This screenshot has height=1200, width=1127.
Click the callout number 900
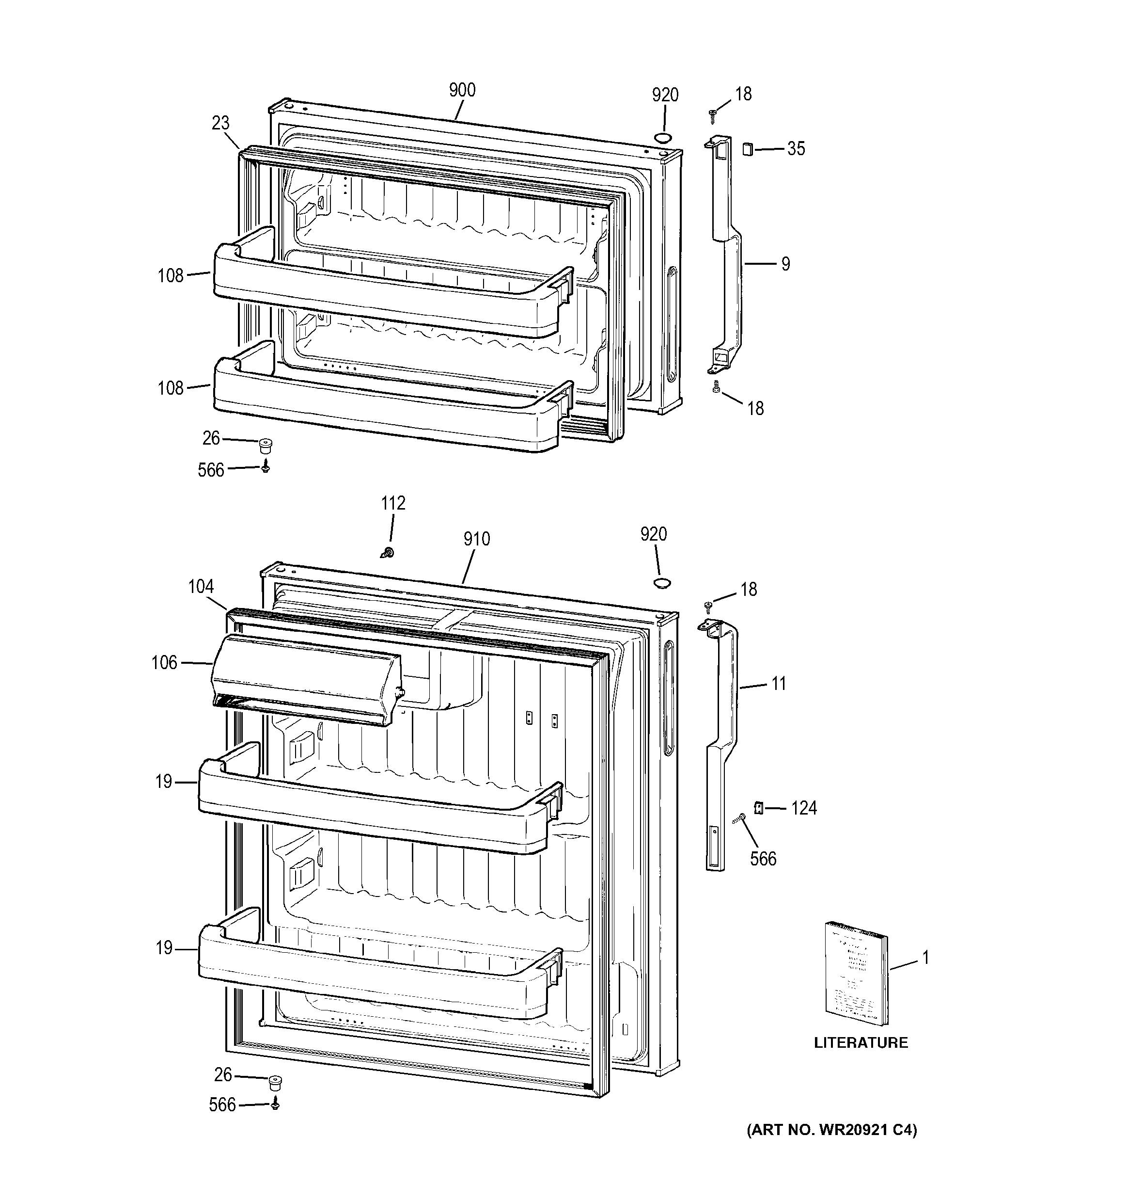(x=462, y=91)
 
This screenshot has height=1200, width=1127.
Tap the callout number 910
(x=477, y=539)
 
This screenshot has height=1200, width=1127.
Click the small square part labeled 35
(x=748, y=148)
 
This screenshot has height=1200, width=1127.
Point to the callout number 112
(x=393, y=503)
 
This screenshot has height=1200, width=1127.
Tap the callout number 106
(x=164, y=663)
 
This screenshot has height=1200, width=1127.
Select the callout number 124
(x=804, y=808)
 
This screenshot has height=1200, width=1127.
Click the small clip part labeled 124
(x=759, y=807)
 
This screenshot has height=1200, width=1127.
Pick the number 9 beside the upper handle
(x=785, y=264)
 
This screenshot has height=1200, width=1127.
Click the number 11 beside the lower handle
(x=778, y=684)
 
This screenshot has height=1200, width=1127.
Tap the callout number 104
(x=201, y=587)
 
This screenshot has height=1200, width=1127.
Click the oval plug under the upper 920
(x=662, y=138)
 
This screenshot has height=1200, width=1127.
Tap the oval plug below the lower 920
(x=662, y=582)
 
